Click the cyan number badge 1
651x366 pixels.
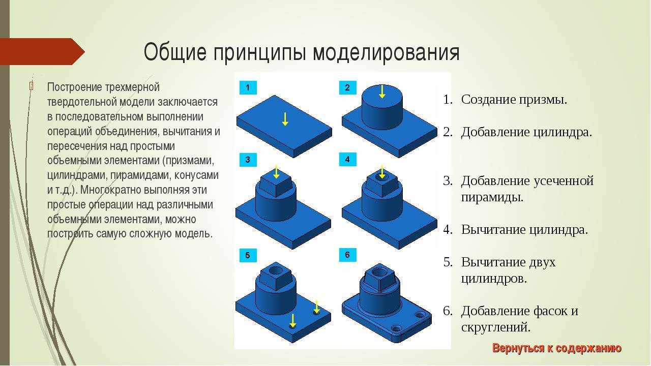(248, 88)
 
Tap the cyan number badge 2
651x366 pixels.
(347, 88)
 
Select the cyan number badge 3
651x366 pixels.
(248, 160)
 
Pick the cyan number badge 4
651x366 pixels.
(347, 160)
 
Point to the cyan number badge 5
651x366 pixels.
(248, 255)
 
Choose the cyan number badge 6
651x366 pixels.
(347, 255)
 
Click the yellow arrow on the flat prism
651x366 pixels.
(285, 119)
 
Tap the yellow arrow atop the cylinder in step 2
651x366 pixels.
(382, 91)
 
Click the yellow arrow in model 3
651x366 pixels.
(276, 172)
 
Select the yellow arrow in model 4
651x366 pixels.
(382, 172)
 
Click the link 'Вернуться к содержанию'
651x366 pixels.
(556, 348)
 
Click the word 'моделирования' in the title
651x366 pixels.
(386, 52)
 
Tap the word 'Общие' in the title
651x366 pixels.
(175, 52)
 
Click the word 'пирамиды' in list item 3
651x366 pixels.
(492, 198)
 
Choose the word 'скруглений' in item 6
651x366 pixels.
(495, 328)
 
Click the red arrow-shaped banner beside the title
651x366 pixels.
(42, 51)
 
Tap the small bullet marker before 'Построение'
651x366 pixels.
(31, 86)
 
